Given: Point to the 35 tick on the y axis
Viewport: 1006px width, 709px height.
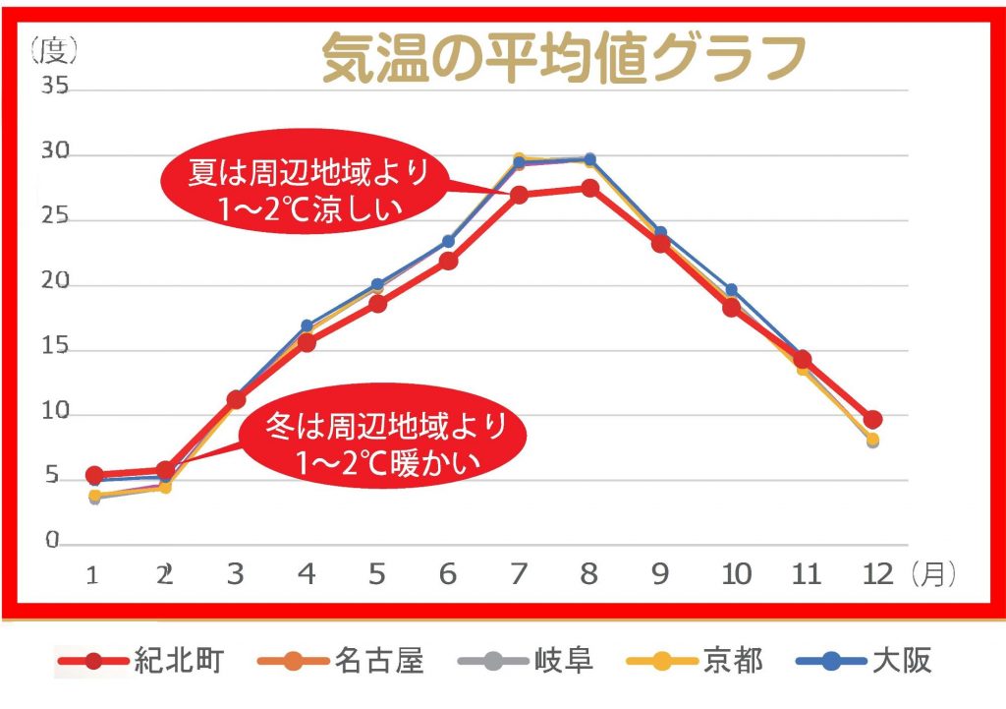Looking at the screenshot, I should tap(54, 88).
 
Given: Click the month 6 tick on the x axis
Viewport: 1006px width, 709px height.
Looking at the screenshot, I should tap(448, 574).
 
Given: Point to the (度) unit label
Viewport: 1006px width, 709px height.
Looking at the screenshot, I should tap(53, 46).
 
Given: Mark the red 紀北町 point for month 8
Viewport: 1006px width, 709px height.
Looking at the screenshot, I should tap(589, 189).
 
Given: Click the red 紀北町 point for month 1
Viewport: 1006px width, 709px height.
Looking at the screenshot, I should tap(94, 476).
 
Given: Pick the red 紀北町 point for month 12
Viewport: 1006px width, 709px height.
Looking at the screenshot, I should tap(872, 420).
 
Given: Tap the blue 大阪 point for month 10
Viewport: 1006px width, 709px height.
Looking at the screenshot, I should tap(731, 290).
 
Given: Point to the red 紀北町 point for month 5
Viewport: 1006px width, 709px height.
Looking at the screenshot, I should tap(377, 303).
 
